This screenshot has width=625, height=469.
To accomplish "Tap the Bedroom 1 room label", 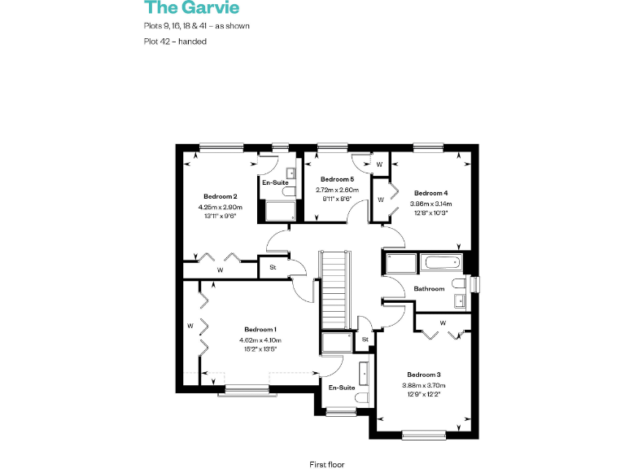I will (x=260, y=331).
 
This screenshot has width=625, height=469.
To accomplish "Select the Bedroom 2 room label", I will (x=221, y=196).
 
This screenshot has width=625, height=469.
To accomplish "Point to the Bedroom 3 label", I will (x=423, y=375).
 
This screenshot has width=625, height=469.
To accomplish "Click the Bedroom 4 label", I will (x=431, y=193).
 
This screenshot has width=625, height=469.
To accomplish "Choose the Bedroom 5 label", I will (x=337, y=179).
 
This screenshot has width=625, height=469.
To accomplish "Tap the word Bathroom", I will (x=429, y=289).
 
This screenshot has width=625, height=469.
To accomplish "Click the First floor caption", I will (x=327, y=464).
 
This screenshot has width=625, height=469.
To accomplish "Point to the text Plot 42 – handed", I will (x=175, y=42).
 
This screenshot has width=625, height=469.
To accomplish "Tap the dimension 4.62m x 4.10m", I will (x=260, y=340).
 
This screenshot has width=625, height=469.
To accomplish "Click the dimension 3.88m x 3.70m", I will (x=423, y=386).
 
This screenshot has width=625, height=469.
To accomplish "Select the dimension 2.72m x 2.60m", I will (x=337, y=189).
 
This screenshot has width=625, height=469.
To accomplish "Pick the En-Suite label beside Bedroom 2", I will (x=275, y=182).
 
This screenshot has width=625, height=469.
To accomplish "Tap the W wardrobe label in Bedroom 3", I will (x=442, y=323).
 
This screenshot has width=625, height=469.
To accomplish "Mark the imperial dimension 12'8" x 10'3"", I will (x=431, y=213).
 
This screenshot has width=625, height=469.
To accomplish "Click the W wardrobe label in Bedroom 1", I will (x=190, y=327).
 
